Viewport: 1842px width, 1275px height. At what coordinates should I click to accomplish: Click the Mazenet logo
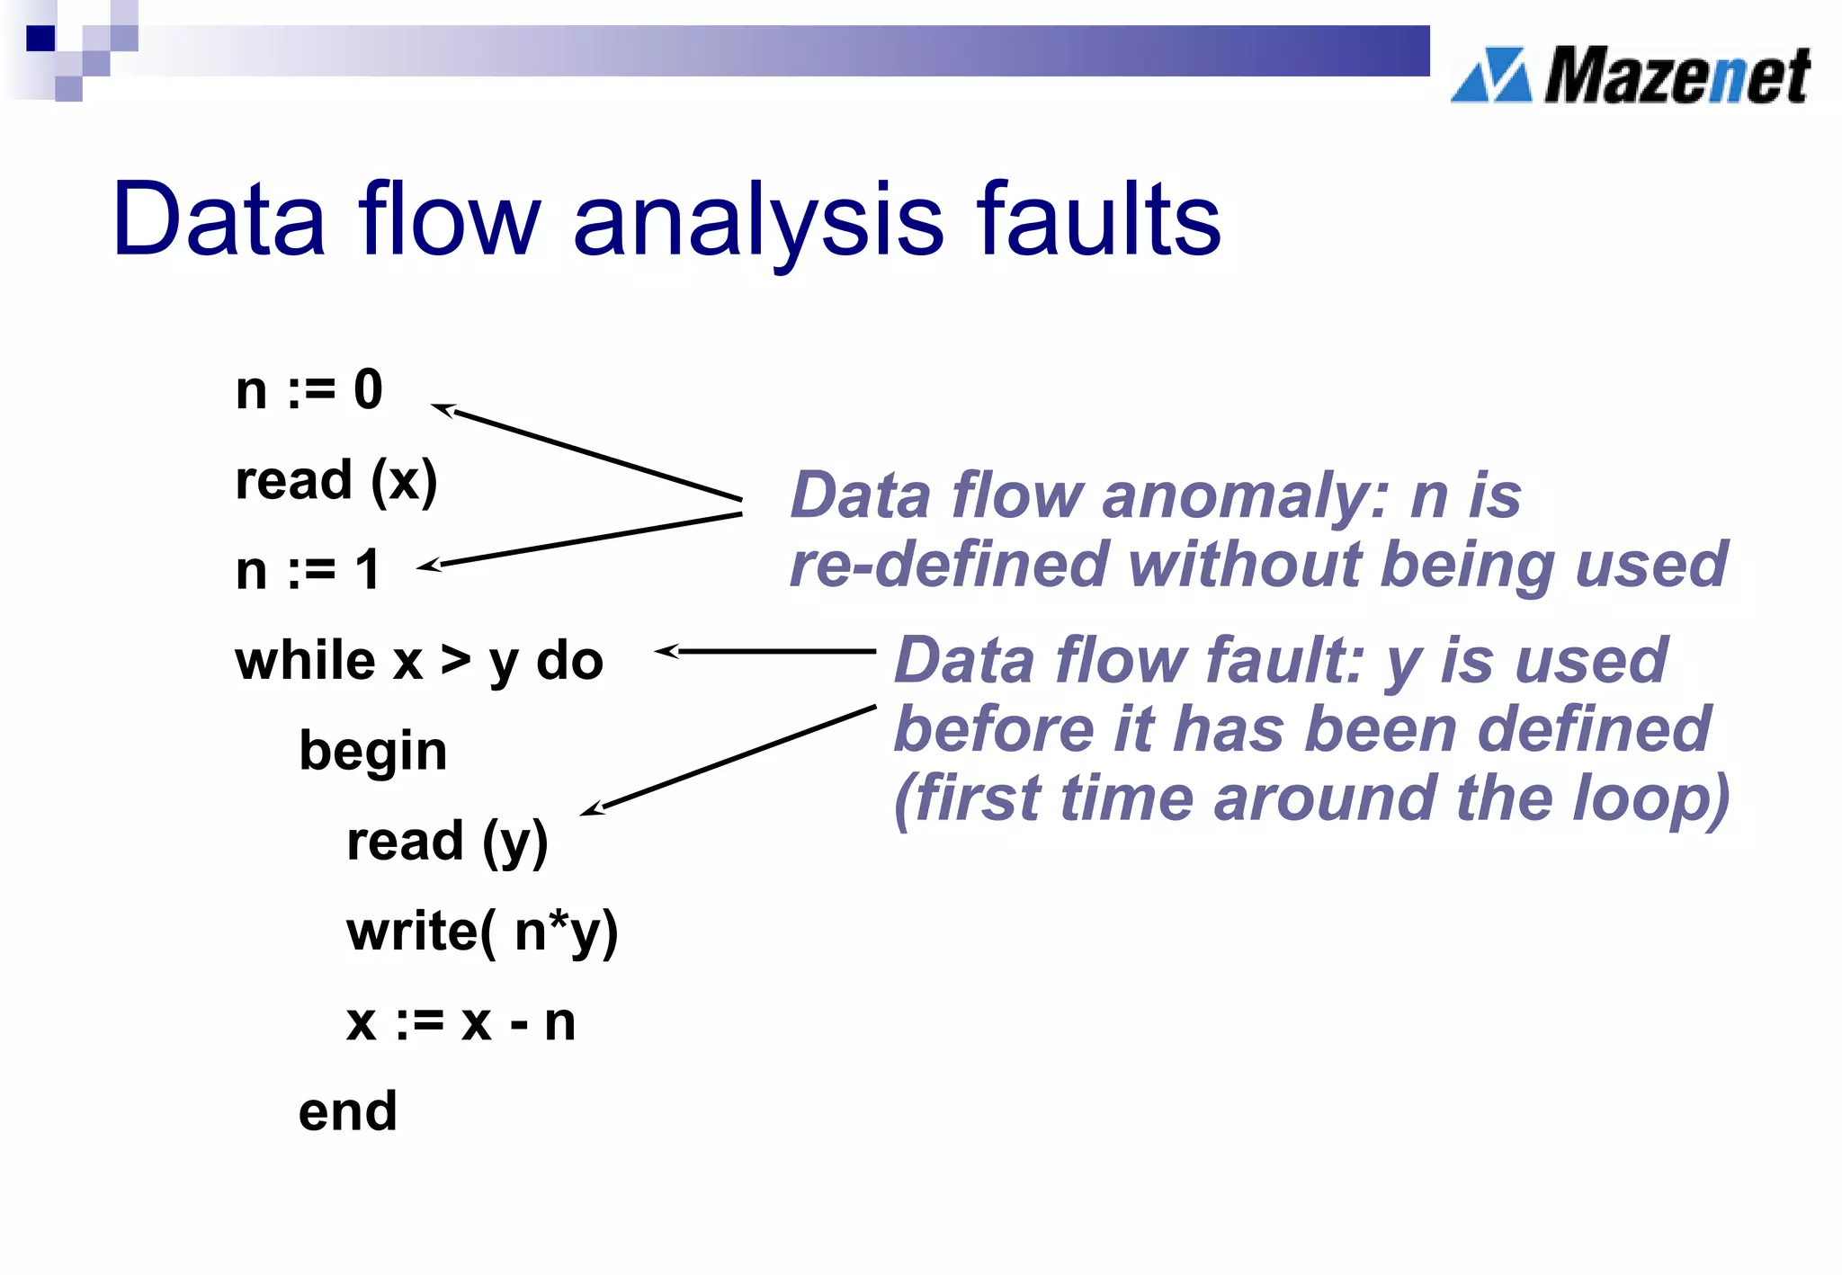1630,76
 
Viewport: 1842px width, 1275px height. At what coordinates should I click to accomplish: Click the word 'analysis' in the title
757,220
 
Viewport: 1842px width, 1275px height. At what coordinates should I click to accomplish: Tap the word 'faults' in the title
1098,218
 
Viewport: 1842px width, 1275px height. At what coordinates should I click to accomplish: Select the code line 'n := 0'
308,390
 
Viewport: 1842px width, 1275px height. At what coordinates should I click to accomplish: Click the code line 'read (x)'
335,481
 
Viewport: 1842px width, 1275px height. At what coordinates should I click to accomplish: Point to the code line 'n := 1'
308,570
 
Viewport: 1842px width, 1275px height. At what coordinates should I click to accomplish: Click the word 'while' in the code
305,661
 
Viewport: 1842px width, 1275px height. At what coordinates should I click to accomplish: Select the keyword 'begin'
372,752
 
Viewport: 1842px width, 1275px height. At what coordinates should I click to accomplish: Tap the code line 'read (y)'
447,843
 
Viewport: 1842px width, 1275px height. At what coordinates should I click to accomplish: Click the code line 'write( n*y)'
482,932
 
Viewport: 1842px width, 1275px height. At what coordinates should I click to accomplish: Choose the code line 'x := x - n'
460,1022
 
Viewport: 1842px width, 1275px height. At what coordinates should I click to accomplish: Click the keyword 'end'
347,1112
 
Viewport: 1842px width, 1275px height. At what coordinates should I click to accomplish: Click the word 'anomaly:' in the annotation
1245,496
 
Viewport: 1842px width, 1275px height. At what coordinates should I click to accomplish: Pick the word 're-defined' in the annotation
947,565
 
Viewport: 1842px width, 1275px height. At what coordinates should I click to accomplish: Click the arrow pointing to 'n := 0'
585,454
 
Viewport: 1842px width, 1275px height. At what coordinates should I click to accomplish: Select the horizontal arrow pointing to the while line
765,651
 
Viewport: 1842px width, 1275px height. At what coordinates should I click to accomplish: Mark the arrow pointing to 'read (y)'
729,761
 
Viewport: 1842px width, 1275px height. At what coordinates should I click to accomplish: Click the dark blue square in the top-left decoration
40,39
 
